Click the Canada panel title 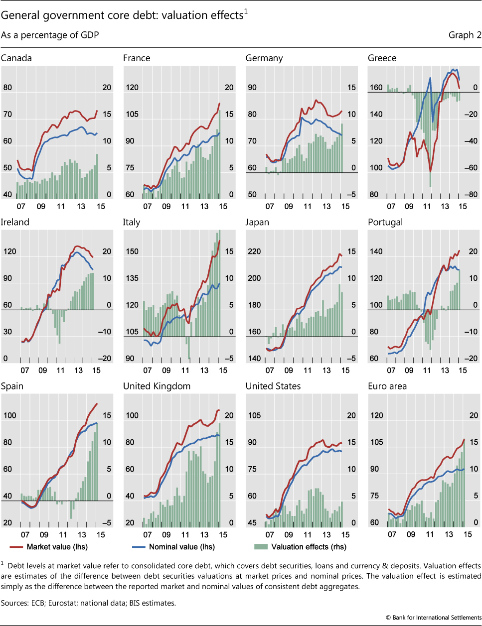[x=16, y=58]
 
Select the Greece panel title [x=382, y=58]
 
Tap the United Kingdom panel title [x=157, y=386]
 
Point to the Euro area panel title [x=387, y=386]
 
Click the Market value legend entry [x=57, y=547]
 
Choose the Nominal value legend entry [x=181, y=547]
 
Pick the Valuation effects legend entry [x=309, y=547]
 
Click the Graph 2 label [x=465, y=35]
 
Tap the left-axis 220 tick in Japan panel [x=254, y=251]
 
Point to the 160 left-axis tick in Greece [x=376, y=88]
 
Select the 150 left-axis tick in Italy [x=132, y=251]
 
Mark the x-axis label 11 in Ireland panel [x=61, y=371]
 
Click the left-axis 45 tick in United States [x=252, y=523]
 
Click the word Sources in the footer [x=13, y=603]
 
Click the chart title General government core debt [x=122, y=15]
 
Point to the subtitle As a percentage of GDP [x=50, y=35]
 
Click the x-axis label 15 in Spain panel [x=101, y=535]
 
